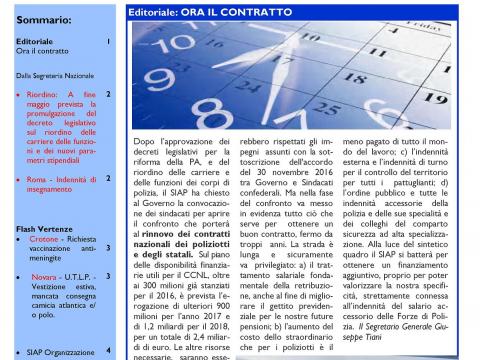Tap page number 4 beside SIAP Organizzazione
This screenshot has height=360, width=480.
click(108, 351)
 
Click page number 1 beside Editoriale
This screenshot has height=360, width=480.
click(108, 40)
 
